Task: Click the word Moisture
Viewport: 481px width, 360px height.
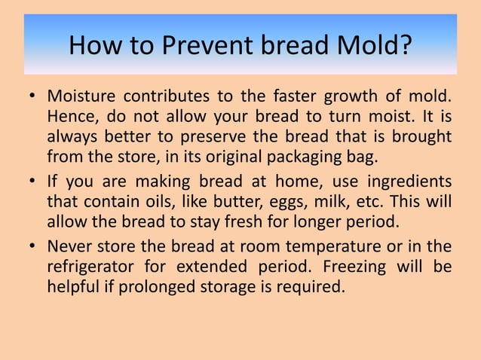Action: tap(80, 98)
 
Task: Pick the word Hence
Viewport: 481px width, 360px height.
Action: tap(71, 118)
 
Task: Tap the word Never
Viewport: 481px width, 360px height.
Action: tap(69, 247)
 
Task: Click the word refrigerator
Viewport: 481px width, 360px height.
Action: tap(91, 267)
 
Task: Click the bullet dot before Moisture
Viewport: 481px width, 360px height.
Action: tap(32, 99)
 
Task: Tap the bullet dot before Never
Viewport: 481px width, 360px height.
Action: tap(32, 248)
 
